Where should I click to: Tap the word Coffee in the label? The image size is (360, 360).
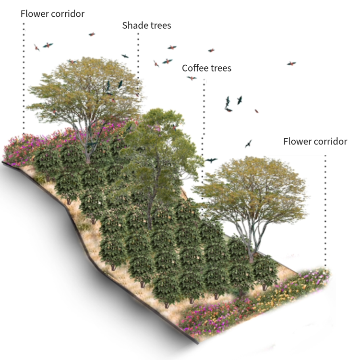(194, 68)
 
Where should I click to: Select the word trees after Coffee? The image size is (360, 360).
(220, 68)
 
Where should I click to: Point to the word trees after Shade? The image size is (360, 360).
(160, 25)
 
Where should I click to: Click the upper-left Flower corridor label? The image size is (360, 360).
(52, 13)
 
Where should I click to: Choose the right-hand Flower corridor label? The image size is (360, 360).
(315, 142)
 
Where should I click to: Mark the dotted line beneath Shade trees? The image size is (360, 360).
(138, 53)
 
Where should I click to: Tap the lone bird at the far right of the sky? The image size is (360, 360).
(291, 63)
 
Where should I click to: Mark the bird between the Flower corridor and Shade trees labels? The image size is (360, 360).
(92, 34)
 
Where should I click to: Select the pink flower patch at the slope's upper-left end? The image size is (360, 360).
(19, 149)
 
